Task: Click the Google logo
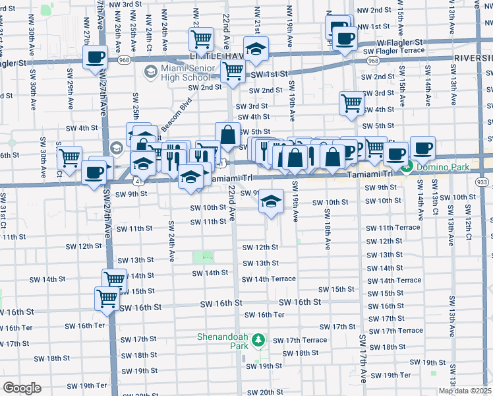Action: (x=21, y=388)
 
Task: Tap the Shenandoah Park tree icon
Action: (x=259, y=340)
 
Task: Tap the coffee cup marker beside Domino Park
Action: (x=422, y=148)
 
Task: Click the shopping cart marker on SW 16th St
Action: (x=107, y=298)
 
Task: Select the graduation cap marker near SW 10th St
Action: (x=270, y=201)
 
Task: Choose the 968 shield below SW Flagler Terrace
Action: (x=373, y=60)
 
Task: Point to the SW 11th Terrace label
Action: (x=393, y=228)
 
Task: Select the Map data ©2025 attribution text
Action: (x=465, y=391)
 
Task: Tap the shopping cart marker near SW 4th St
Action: (x=351, y=103)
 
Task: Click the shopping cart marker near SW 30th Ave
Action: (x=69, y=158)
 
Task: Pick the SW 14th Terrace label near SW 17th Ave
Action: (x=394, y=280)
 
